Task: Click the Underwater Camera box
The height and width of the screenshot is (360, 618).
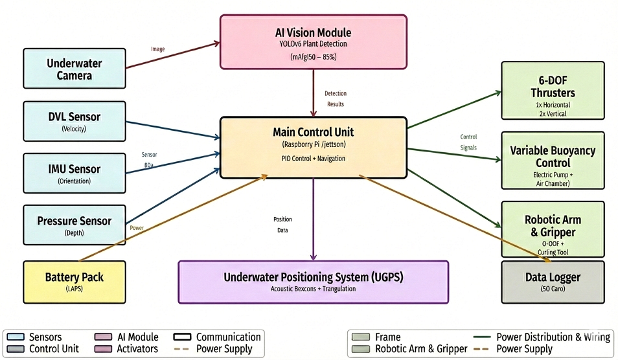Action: [74, 69]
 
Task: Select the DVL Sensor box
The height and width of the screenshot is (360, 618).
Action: [74, 121]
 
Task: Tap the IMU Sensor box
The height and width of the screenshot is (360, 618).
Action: [74, 173]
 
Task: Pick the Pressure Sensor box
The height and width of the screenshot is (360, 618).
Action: [74, 225]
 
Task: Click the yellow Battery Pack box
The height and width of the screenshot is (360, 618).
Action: [74, 282]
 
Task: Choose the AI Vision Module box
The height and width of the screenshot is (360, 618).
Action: [314, 41]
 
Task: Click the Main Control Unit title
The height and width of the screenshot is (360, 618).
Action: [314, 132]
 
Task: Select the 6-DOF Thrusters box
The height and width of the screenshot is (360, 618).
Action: [553, 91]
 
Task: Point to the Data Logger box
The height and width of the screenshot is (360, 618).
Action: [553, 282]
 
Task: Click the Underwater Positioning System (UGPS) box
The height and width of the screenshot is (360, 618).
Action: [314, 282]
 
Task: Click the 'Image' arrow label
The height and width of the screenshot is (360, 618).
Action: [157, 49]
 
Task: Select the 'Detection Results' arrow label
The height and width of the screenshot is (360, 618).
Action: [334, 99]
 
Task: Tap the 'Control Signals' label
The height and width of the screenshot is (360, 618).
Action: [468, 142]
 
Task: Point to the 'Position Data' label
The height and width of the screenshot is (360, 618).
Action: [282, 225]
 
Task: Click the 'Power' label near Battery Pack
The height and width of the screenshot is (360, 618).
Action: [137, 228]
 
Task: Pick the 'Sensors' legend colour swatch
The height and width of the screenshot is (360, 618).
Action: [14, 337]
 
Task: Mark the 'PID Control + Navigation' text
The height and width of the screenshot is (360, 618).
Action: [314, 159]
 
